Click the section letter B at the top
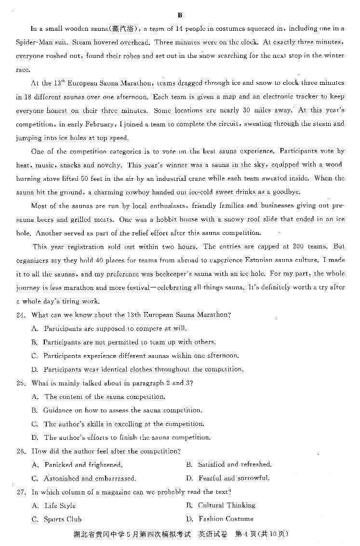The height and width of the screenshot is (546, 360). pyautogui.click(x=180, y=15)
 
